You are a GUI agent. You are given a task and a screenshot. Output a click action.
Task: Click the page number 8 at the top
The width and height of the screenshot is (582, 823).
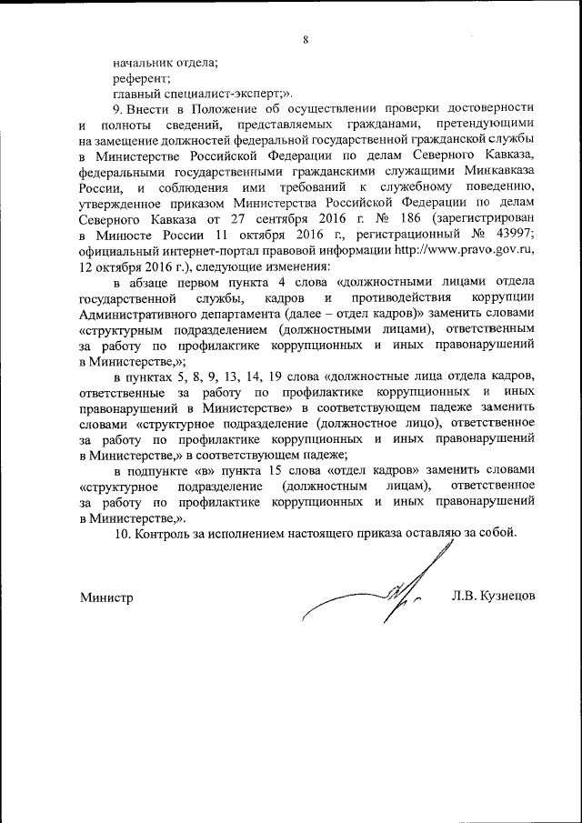point(306,38)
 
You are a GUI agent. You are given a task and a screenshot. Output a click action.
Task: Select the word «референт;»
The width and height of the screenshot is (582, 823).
point(135,78)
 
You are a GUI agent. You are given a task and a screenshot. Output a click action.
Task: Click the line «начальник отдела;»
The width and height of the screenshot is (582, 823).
point(166,63)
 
